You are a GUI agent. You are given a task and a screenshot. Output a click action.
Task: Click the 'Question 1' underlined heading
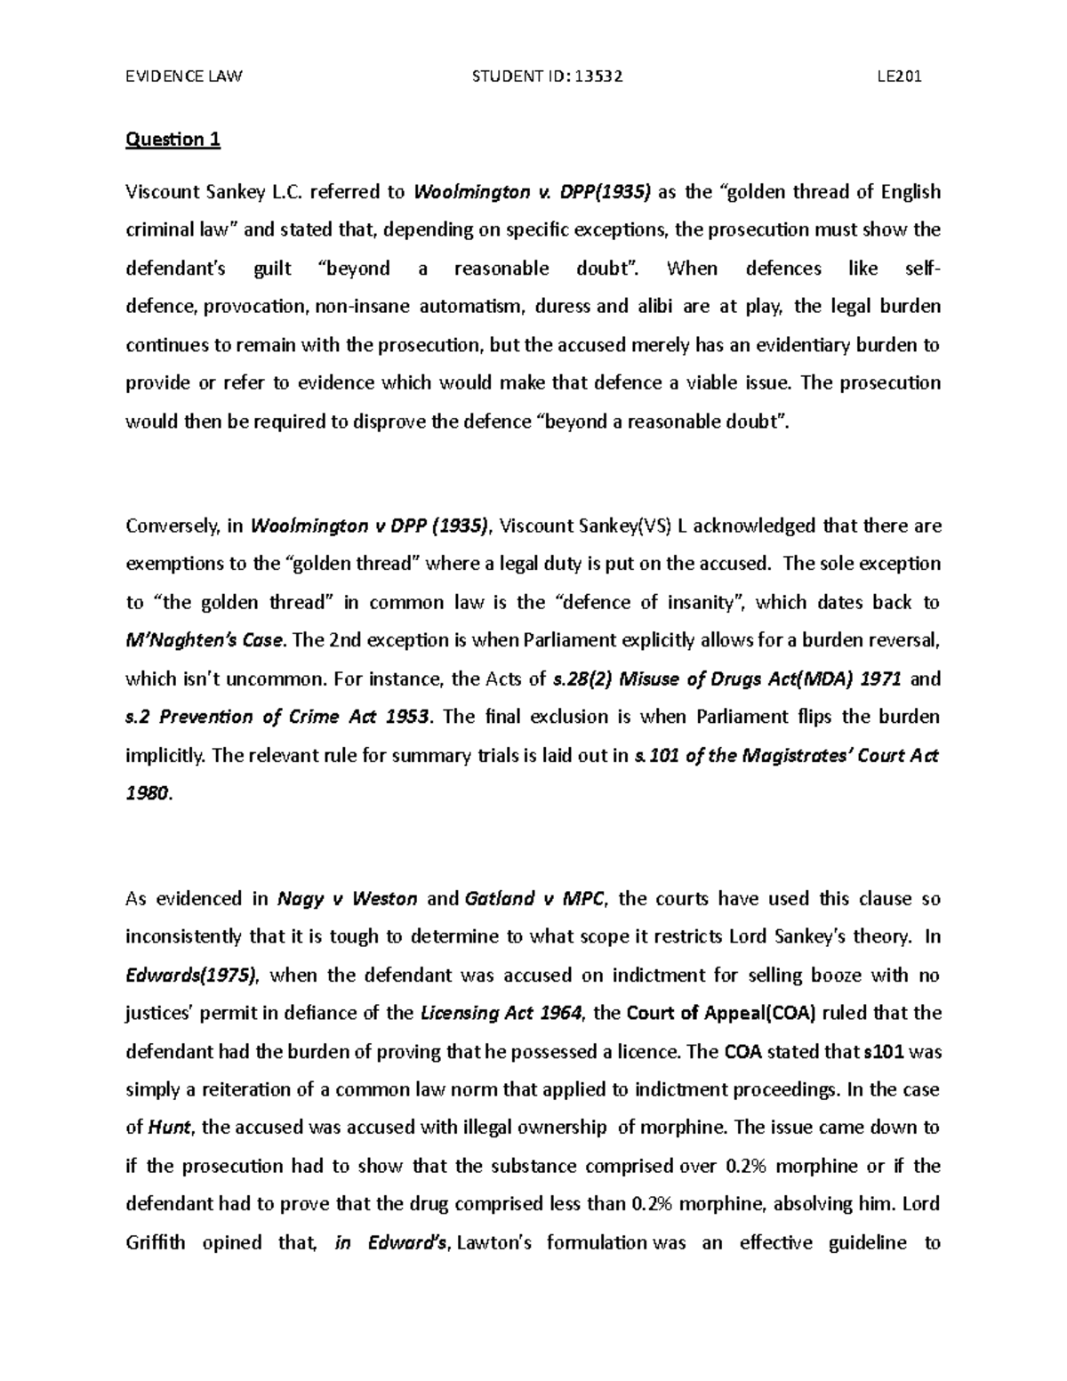(x=172, y=140)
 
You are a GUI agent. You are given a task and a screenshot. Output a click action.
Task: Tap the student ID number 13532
(x=598, y=76)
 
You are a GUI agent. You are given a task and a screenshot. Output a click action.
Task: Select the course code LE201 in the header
(x=899, y=76)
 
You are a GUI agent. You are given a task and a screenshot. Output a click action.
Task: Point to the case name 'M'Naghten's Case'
(x=206, y=641)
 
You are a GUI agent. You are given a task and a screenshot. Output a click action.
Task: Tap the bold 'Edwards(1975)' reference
(x=192, y=976)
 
